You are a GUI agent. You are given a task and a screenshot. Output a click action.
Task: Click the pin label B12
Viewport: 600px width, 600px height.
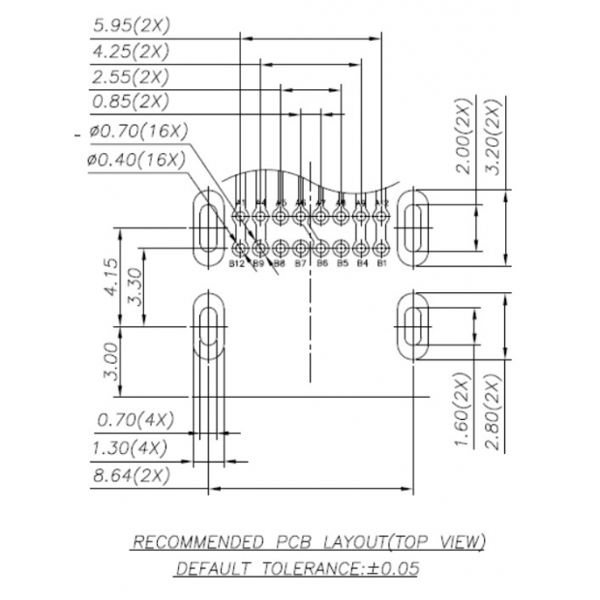pos(237,262)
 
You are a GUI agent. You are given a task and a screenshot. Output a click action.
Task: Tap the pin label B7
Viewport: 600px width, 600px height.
pos(300,262)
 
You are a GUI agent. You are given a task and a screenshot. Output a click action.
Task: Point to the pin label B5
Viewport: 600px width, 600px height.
pos(342,262)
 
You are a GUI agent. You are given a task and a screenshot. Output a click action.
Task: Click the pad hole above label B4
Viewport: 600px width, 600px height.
pos(362,245)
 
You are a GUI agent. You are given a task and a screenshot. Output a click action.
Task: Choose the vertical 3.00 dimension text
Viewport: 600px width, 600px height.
pos(110,360)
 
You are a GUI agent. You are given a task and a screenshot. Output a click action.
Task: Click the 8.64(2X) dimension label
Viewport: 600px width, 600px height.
pos(129,475)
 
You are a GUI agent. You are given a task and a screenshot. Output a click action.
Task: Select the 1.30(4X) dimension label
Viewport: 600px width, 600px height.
pos(129,448)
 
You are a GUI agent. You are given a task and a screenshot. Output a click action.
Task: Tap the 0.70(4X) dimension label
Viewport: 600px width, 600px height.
pos(135,420)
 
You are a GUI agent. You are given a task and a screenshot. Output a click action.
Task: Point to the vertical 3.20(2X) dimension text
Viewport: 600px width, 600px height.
pos(492,136)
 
